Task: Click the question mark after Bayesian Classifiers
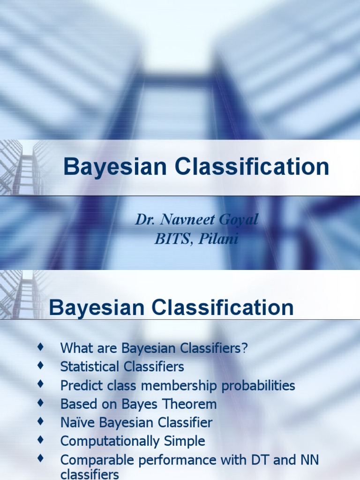click(x=244, y=348)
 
